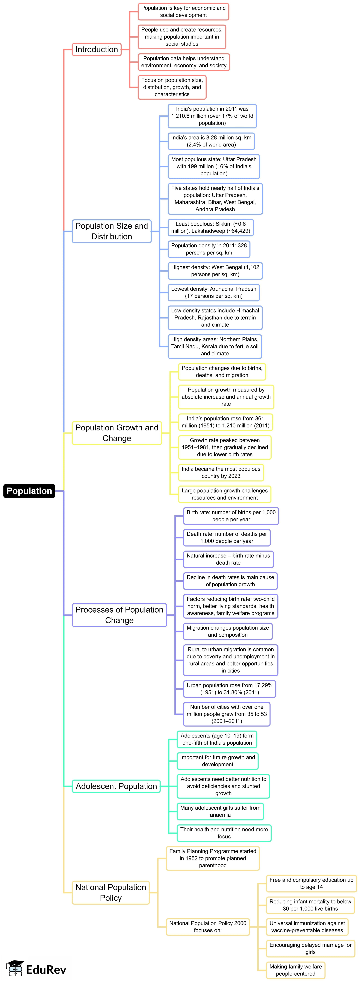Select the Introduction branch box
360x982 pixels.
pos(96,50)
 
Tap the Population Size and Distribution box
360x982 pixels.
pos(111,231)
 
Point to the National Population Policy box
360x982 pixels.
pos(111,892)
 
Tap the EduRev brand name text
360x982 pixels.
pos(46,969)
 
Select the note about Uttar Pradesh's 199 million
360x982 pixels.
pos(214,166)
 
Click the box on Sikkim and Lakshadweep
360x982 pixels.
pos(211,227)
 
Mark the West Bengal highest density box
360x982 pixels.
pos(215,271)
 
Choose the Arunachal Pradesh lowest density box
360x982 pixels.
pos(214,292)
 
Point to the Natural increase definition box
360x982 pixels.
pos(228,559)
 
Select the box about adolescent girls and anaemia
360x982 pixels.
pos(220,811)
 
